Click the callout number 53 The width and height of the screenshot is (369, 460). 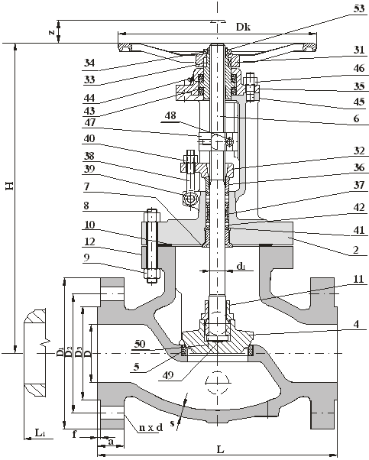[359, 9]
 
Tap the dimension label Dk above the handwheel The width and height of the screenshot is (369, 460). [243, 28]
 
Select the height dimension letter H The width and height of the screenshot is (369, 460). [10, 186]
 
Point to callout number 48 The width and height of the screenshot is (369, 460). [170, 115]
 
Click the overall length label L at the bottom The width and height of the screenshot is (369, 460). [220, 449]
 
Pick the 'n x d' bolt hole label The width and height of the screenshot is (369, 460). [151, 427]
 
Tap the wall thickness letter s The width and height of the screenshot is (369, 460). [172, 423]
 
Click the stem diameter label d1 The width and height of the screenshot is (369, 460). [241, 266]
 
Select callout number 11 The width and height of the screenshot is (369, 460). [358, 279]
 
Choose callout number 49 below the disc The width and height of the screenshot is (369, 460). [167, 375]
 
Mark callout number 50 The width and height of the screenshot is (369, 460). [140, 344]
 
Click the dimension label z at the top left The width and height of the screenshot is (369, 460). [52, 32]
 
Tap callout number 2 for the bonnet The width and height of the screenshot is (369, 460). [355, 250]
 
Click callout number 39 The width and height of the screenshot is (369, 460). [89, 170]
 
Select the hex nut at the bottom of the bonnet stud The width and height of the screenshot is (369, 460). [152, 274]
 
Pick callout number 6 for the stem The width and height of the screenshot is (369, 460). [356, 118]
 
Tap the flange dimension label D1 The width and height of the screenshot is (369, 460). [60, 351]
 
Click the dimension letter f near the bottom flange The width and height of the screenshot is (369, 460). [75, 434]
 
